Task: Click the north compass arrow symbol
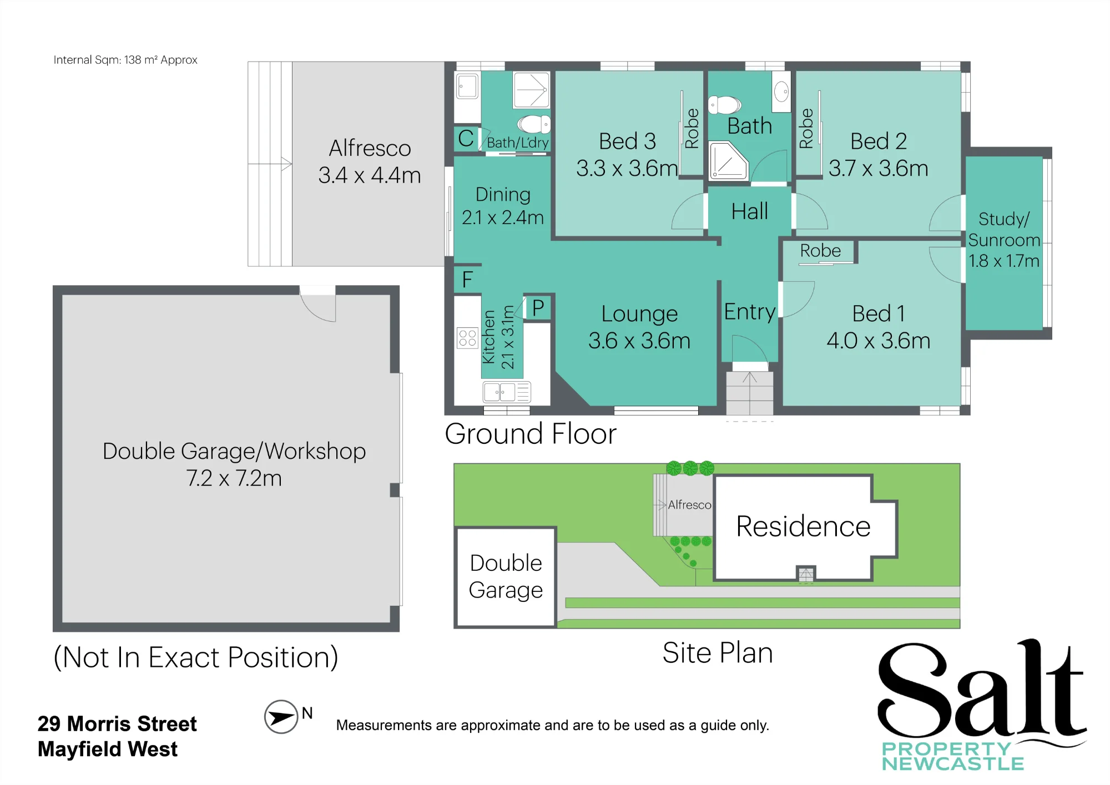point(281,717)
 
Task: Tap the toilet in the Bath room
point(725,104)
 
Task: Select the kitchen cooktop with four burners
point(467,338)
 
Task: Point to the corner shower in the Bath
point(728,160)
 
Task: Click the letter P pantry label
point(538,308)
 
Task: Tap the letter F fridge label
point(467,280)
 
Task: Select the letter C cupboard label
point(466,138)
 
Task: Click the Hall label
point(750,211)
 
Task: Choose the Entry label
point(750,312)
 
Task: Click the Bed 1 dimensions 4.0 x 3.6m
point(879,341)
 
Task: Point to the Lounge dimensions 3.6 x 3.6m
point(639,341)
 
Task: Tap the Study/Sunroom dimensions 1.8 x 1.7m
point(1004,261)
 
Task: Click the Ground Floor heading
point(531,434)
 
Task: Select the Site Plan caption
point(718,653)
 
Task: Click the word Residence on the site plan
point(803,526)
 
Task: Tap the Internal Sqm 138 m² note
point(125,60)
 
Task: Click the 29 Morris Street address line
point(117,724)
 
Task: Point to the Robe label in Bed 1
point(820,251)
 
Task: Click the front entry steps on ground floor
point(750,393)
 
